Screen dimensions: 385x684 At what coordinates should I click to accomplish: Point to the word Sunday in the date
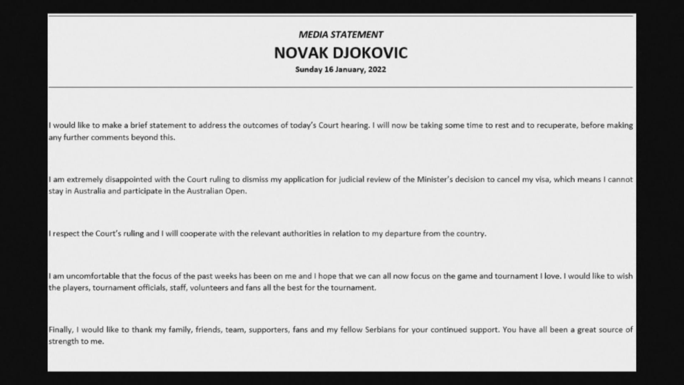tap(309, 70)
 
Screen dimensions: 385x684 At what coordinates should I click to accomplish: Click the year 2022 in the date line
tap(377, 70)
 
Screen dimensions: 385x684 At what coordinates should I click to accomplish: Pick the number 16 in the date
tap(328, 70)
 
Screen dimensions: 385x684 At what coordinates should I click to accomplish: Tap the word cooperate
tap(198, 234)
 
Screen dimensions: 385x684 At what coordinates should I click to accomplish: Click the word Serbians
tap(380, 330)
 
